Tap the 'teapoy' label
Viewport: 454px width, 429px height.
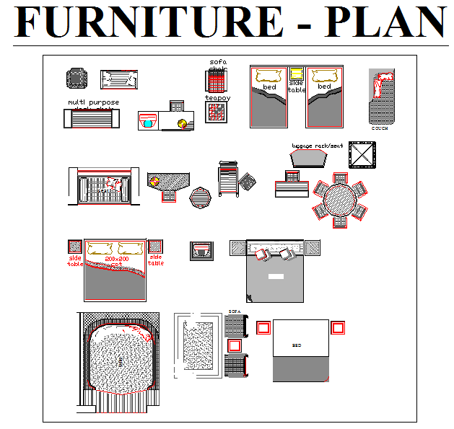point(217,97)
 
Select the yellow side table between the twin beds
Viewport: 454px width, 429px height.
point(297,73)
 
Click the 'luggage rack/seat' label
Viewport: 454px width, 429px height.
point(318,146)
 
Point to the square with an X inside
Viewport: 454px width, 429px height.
point(363,154)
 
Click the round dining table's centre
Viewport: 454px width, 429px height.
point(340,198)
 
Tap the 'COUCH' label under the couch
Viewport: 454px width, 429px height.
point(380,128)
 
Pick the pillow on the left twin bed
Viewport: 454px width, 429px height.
point(269,75)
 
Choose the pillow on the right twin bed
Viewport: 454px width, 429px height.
point(324,75)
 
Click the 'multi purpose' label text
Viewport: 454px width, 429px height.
point(93,103)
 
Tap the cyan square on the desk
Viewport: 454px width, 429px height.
point(148,123)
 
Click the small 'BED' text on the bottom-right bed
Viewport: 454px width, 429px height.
point(296,345)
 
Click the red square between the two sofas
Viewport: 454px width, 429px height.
point(233,345)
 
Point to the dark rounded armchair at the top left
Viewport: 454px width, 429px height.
point(75,78)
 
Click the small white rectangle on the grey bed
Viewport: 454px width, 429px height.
point(275,277)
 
